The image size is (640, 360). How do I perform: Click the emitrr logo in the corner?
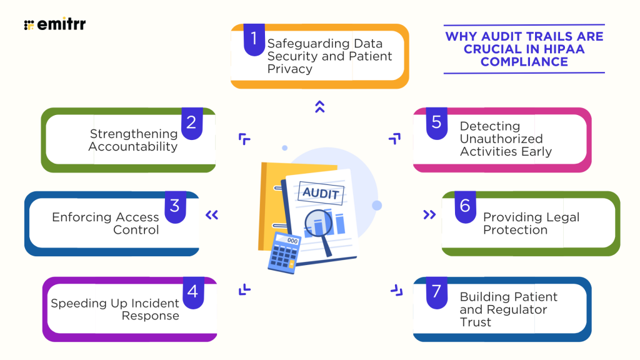pos(54,25)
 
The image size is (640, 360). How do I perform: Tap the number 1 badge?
pos(254,39)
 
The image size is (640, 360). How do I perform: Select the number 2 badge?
pos(191,122)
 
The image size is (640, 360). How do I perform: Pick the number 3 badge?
pos(174,206)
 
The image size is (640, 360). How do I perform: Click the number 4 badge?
pos(192,291)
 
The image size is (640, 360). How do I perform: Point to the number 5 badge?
pos(436,122)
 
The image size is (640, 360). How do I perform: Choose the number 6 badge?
pos(464,206)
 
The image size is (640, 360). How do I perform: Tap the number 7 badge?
pos(436,291)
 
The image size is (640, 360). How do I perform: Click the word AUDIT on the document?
pos(321,193)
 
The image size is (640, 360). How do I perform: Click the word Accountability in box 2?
pos(133,147)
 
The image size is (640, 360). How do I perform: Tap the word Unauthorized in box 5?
pos(501,139)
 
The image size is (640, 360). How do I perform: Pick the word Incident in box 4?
pos(155,303)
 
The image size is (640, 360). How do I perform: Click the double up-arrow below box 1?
pos(320,107)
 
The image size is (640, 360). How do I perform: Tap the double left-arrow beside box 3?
pos(212,216)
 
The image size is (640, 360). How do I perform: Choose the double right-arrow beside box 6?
pos(429,215)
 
